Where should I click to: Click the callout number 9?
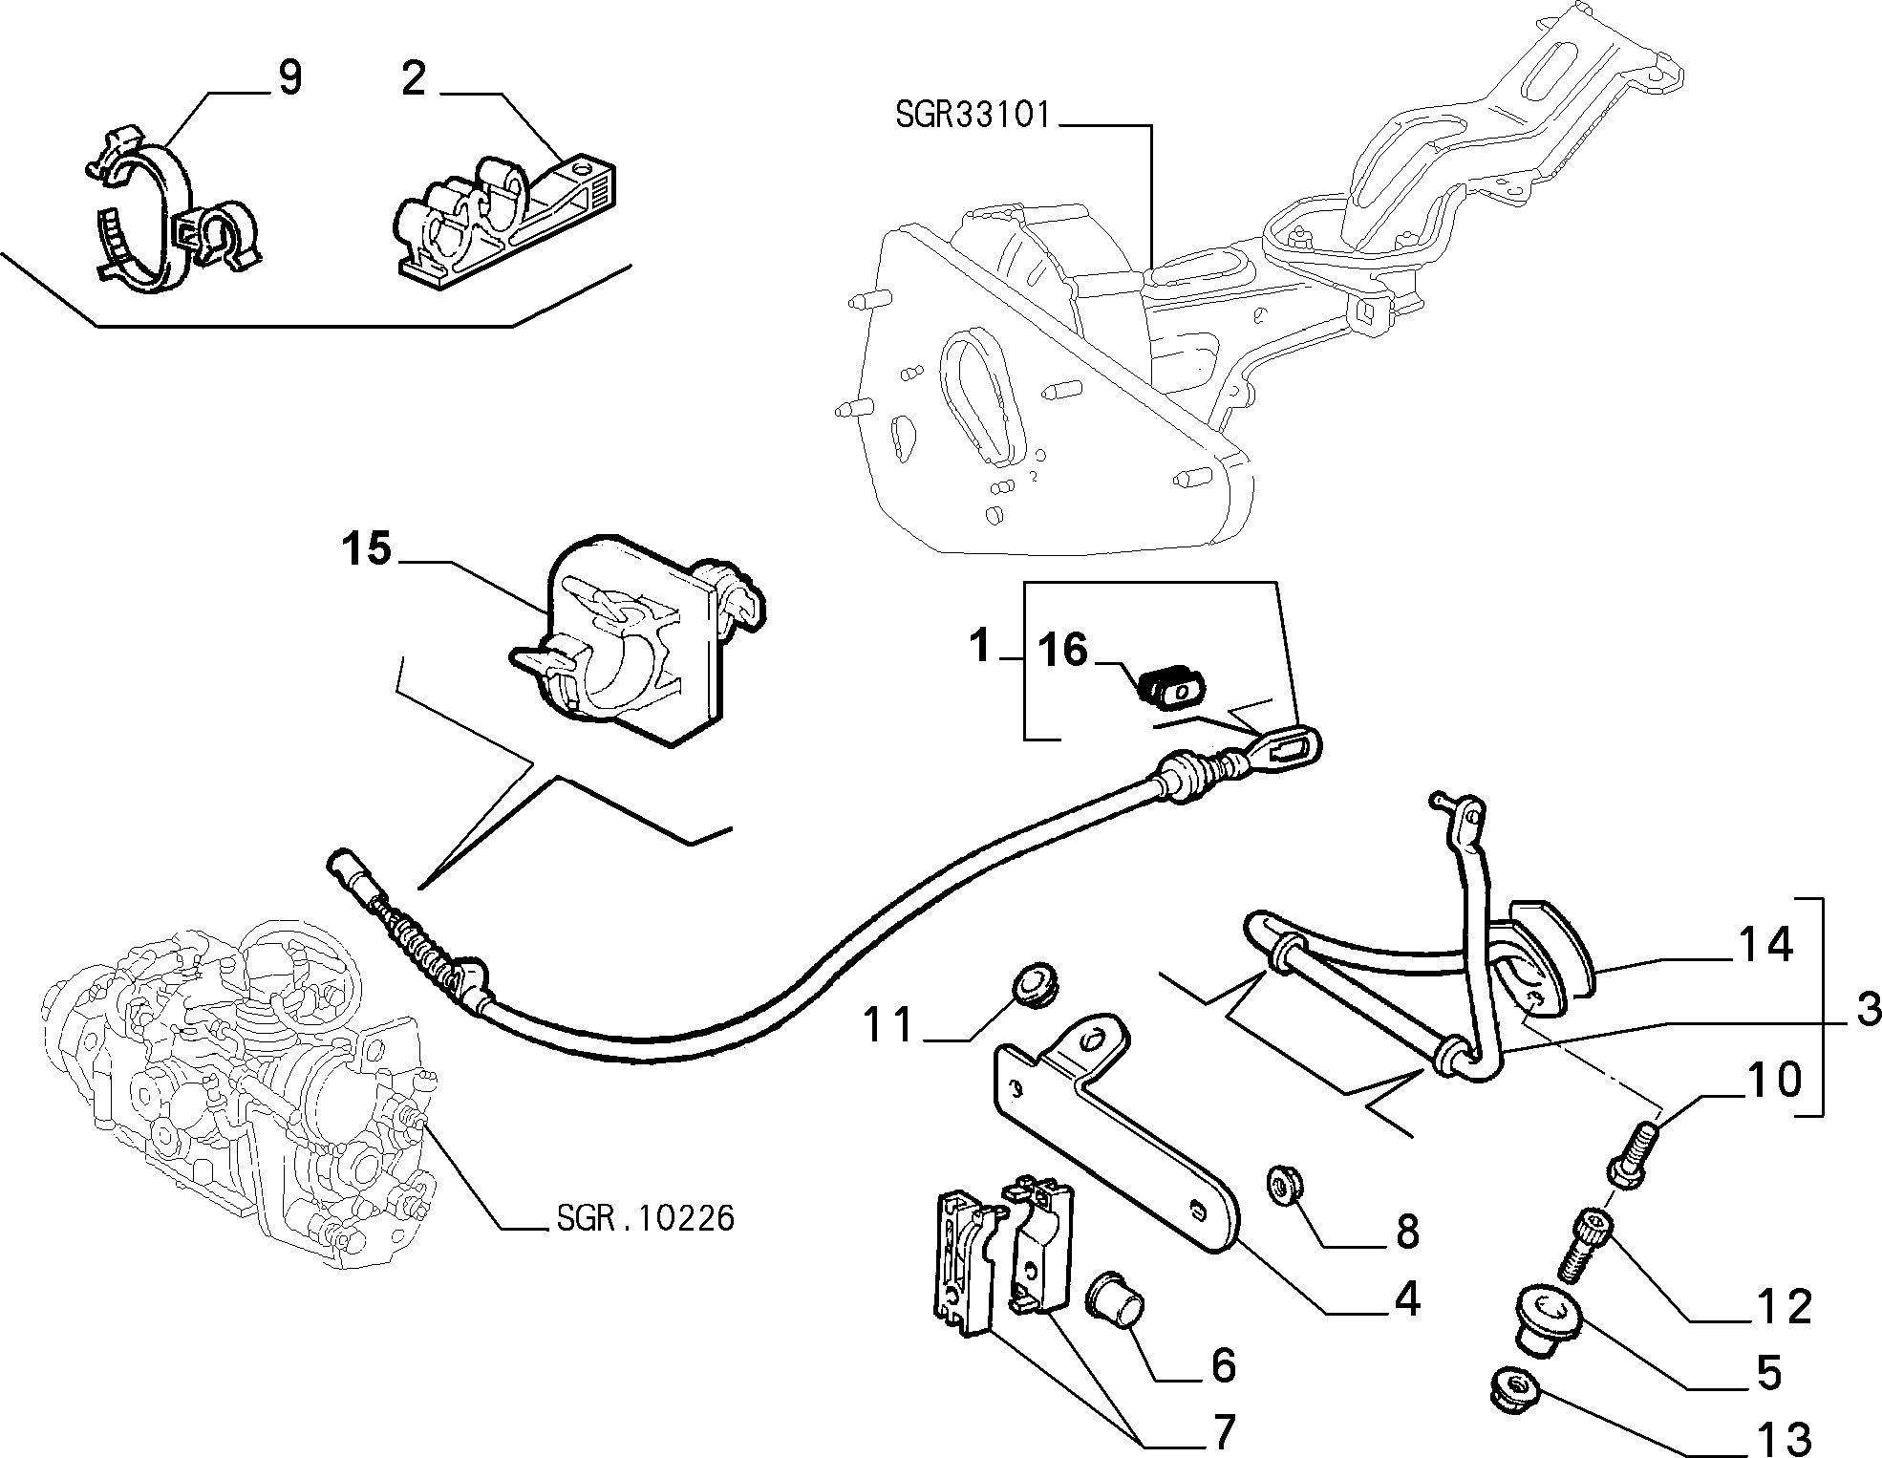click(x=288, y=77)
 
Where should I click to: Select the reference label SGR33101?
click(x=973, y=117)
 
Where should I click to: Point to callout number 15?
click(x=368, y=550)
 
